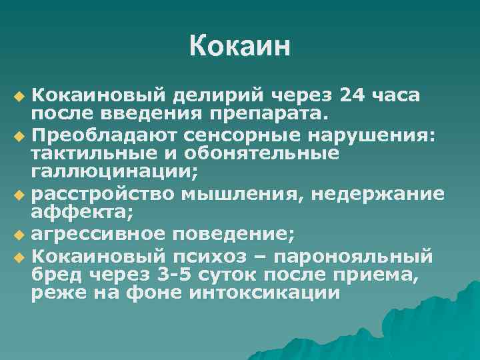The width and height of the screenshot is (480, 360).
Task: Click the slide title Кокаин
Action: (x=240, y=46)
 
